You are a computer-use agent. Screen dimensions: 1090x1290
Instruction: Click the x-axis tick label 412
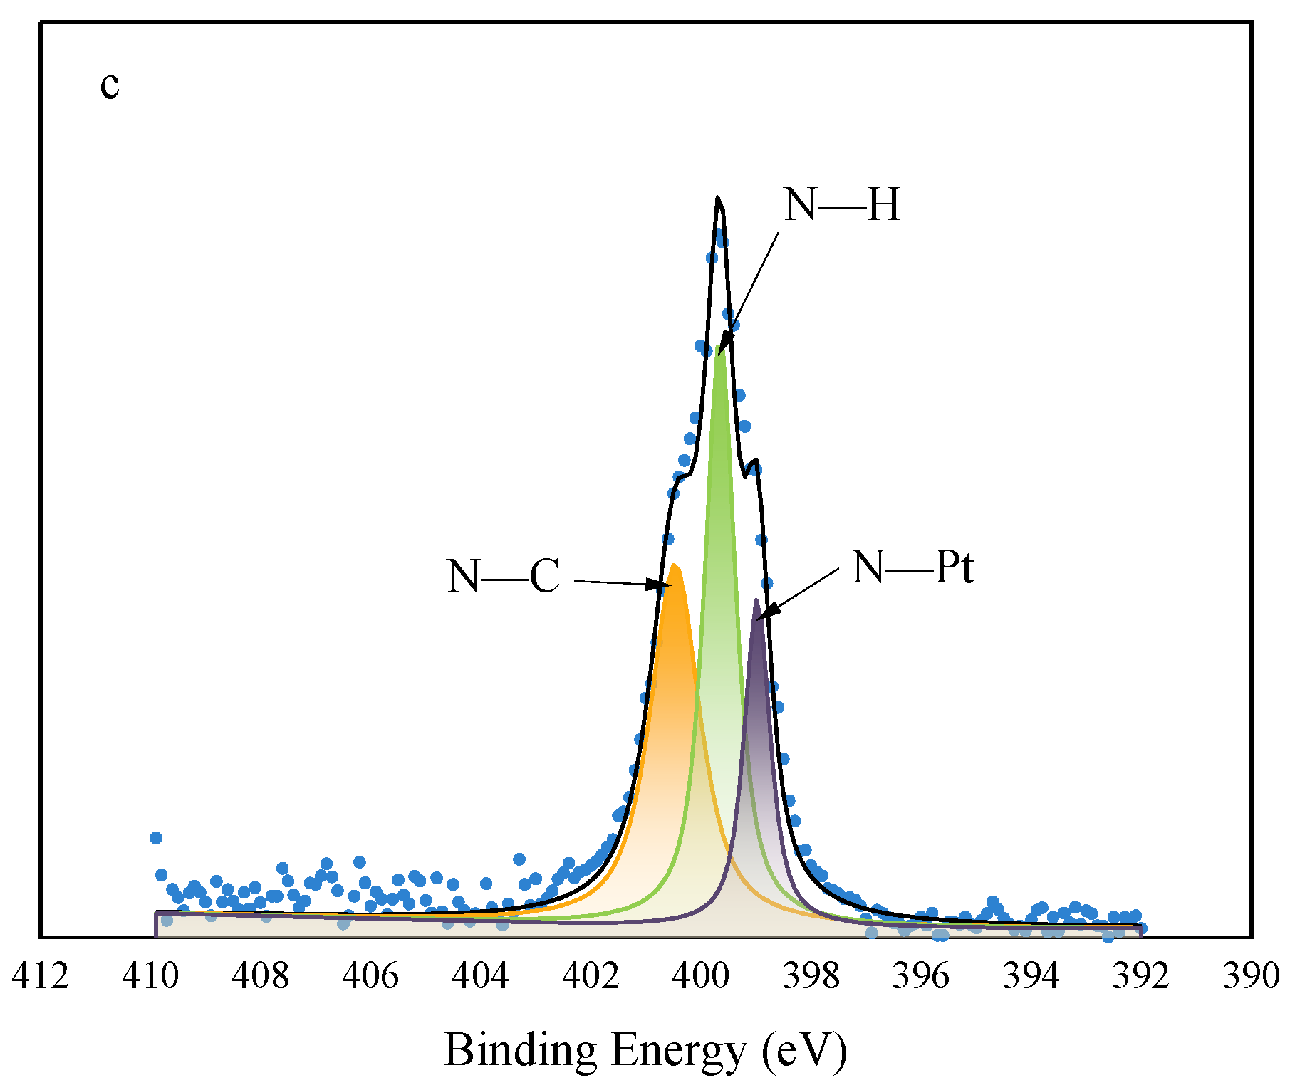coord(40,975)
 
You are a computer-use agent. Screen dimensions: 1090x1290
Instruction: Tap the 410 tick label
coord(150,975)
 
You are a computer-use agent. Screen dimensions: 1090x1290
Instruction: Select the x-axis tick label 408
coord(260,975)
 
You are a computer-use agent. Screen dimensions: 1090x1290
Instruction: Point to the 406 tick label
coord(370,975)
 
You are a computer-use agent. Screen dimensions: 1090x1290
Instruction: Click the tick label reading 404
coord(480,975)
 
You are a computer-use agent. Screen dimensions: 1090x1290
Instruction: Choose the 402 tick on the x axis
coord(591,975)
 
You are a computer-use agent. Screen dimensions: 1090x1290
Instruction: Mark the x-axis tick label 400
coord(700,975)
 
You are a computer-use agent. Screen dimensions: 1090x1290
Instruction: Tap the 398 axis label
coord(811,975)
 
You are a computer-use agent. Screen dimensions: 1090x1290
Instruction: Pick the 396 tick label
coord(921,975)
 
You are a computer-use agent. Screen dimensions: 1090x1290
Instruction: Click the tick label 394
coord(1031,975)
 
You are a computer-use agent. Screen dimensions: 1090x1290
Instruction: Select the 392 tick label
coord(1141,975)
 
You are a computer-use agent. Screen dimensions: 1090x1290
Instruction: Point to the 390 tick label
coord(1252,975)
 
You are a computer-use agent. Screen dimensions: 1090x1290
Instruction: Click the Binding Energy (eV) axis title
coord(645,1051)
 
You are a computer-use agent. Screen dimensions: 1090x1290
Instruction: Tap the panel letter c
coord(110,85)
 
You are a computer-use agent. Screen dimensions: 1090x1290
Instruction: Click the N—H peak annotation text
coord(842,205)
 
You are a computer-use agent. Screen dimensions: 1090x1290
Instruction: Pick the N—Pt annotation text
coord(912,567)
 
